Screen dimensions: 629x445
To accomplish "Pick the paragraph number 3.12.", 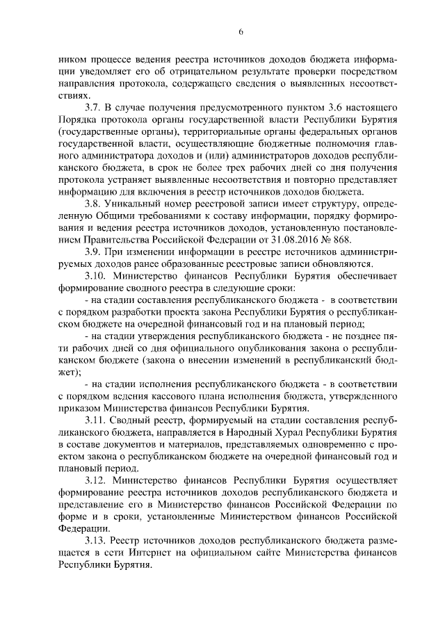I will tap(96, 479).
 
